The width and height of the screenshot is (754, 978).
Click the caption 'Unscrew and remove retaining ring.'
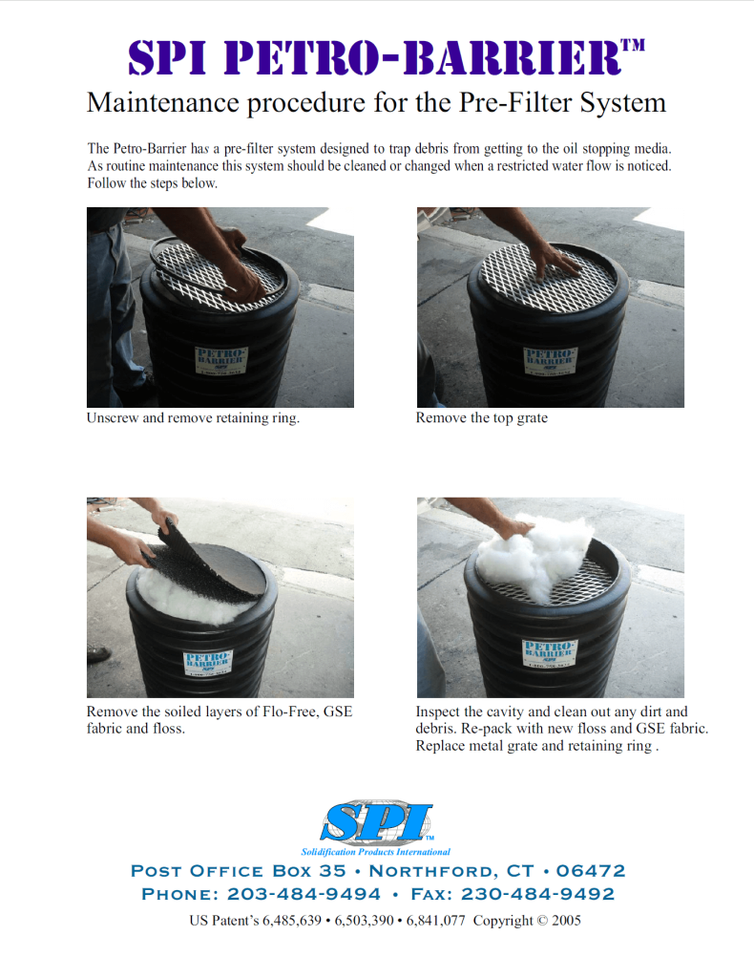[x=193, y=418]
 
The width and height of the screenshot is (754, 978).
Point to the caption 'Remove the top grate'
[x=482, y=418]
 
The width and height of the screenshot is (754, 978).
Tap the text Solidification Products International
[x=376, y=851]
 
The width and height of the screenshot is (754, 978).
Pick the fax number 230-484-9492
[x=538, y=895]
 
